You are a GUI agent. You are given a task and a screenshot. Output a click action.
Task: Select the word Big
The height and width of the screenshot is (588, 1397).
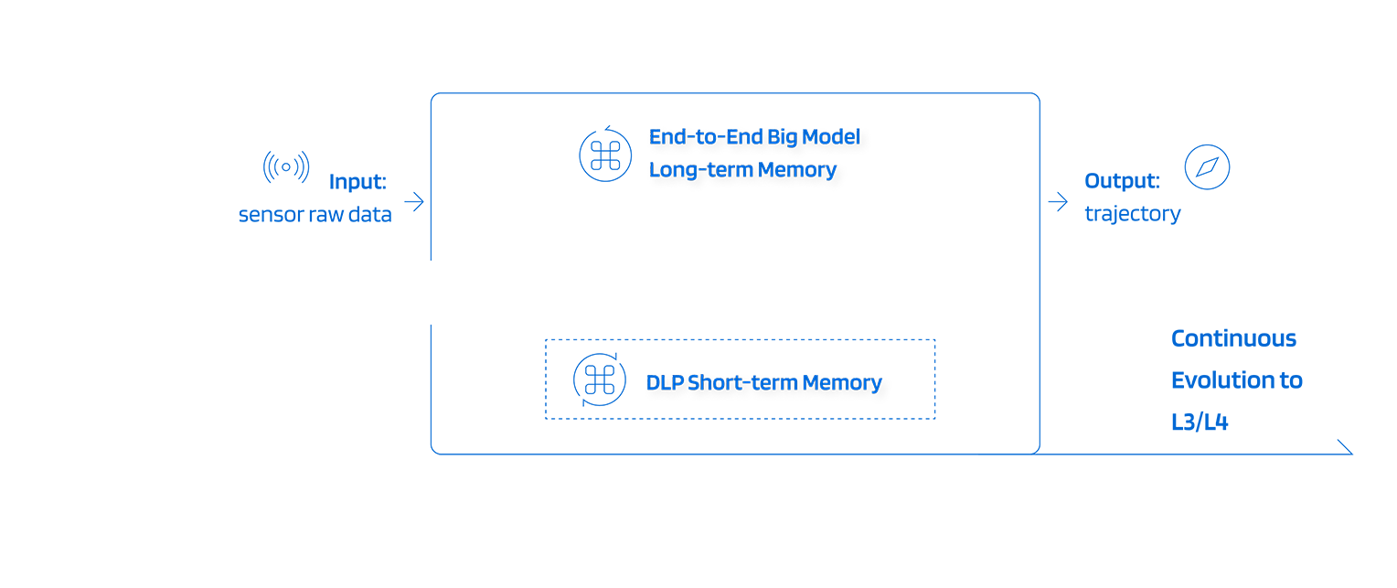[787, 138]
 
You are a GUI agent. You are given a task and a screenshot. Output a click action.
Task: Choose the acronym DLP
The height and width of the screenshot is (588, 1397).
[665, 383]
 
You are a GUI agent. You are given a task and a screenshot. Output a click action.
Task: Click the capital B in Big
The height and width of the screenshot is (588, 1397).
[778, 138]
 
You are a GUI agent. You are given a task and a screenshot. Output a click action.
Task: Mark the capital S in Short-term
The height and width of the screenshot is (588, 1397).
[693, 383]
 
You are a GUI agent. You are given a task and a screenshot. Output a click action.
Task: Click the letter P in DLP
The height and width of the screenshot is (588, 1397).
[677, 383]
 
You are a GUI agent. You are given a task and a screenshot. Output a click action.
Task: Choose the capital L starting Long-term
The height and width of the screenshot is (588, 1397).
[655, 170]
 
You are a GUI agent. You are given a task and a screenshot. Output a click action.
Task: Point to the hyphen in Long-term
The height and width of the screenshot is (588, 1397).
[698, 171]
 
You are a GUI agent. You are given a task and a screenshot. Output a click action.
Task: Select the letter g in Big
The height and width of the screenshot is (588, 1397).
[798, 140]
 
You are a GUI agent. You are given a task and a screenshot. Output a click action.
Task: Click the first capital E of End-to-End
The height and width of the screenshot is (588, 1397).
[655, 138]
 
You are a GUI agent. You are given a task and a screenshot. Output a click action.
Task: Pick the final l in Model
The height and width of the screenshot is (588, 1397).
[858, 138]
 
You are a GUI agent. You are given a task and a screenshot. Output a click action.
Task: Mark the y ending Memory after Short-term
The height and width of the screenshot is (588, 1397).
[876, 385]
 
